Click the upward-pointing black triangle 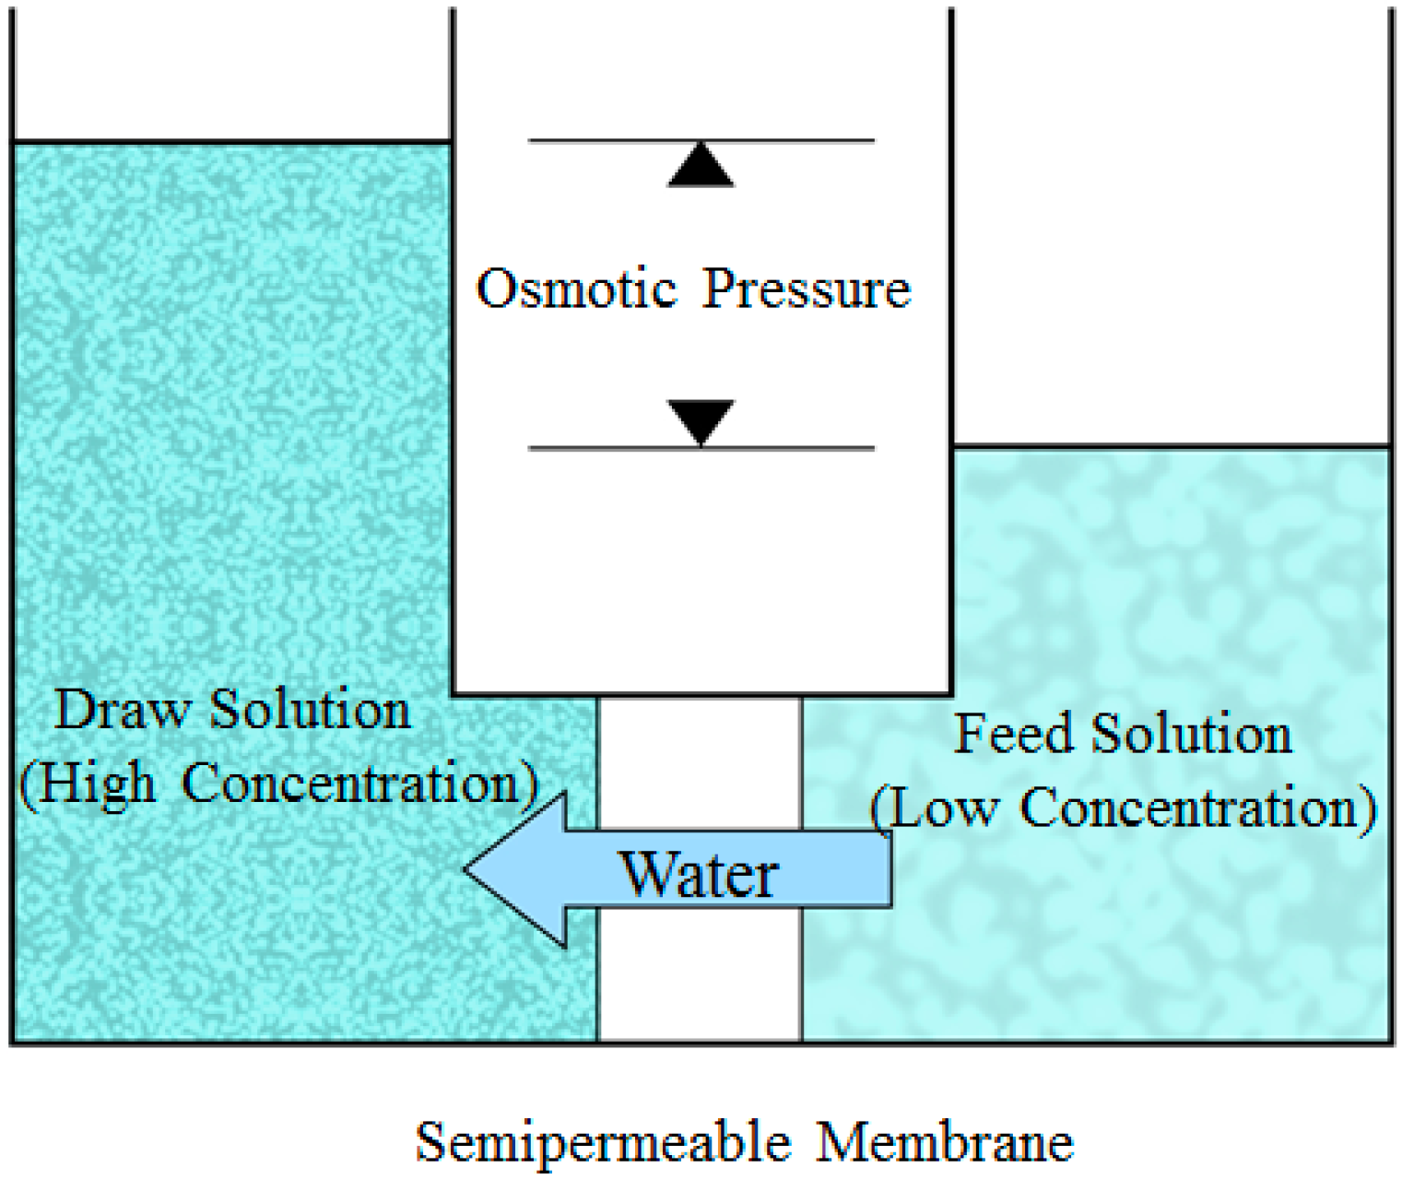[x=701, y=168]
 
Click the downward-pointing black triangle [x=701, y=420]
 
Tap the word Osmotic [x=576, y=289]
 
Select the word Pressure [x=807, y=289]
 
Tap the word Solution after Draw [x=310, y=710]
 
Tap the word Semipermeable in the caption [x=603, y=1142]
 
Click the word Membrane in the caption [x=945, y=1142]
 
